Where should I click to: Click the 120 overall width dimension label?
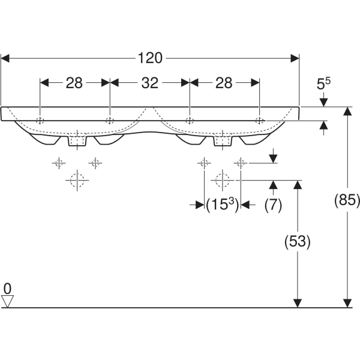tap(150, 58)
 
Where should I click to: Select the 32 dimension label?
tap(149, 83)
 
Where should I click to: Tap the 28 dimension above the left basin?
tap(74, 83)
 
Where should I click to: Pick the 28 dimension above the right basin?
tap(224, 83)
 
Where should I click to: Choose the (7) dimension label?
tap(273, 205)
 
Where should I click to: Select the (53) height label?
tap(296, 242)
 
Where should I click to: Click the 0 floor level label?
tap(7, 289)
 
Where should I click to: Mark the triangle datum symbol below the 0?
tap(7, 301)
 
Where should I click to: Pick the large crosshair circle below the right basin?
tap(222, 179)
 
